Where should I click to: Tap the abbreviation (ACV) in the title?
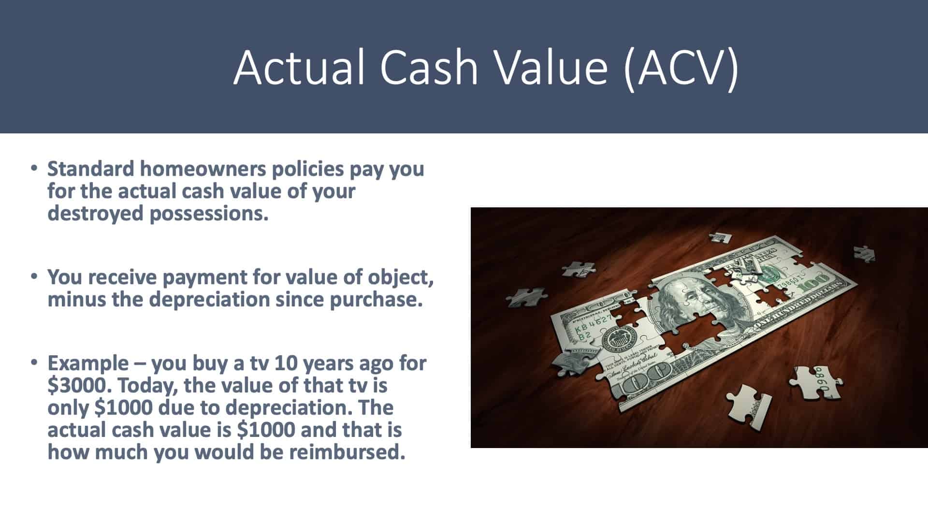[681, 68]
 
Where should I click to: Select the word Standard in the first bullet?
[91, 169]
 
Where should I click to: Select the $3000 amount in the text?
[79, 386]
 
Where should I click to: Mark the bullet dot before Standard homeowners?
[33, 169]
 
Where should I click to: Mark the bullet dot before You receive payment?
[33, 277]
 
